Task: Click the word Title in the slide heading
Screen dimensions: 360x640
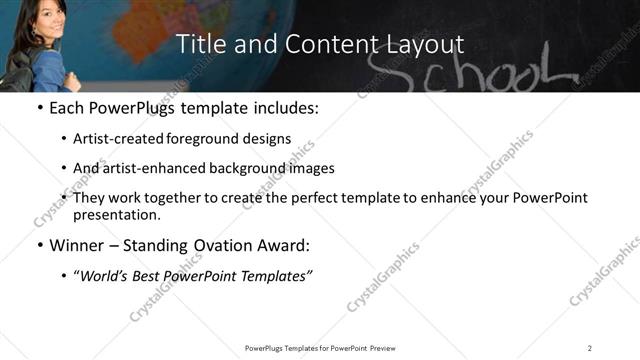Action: click(x=199, y=44)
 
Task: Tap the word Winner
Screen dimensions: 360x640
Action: click(x=77, y=245)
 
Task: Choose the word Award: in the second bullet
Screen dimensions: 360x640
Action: click(x=285, y=245)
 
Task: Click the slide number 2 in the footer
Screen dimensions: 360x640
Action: click(x=590, y=348)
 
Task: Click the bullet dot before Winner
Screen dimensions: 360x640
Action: click(x=39, y=246)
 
